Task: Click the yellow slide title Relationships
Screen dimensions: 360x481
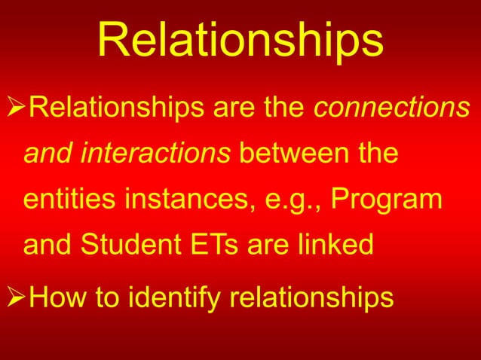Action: pyautogui.click(x=240, y=41)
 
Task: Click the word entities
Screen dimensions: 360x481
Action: pyautogui.click(x=66, y=200)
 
